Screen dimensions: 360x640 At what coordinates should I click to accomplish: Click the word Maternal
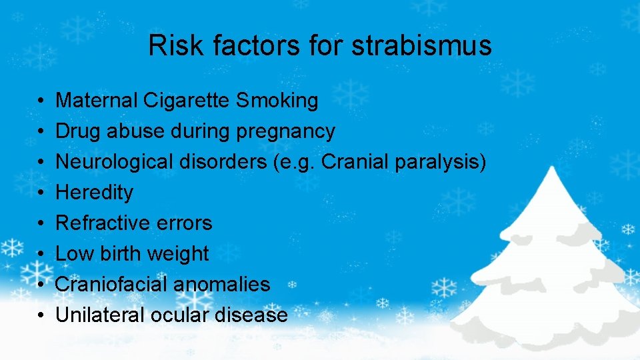(97, 101)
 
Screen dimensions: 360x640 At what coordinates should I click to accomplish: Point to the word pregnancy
(286, 132)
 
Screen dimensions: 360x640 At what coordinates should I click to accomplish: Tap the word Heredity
(94, 193)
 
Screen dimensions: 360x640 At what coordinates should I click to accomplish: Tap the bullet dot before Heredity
(41, 193)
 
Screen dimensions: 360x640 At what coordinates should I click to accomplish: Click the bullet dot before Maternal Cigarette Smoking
(41, 101)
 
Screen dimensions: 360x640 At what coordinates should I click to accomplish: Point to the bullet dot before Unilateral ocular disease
(41, 315)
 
